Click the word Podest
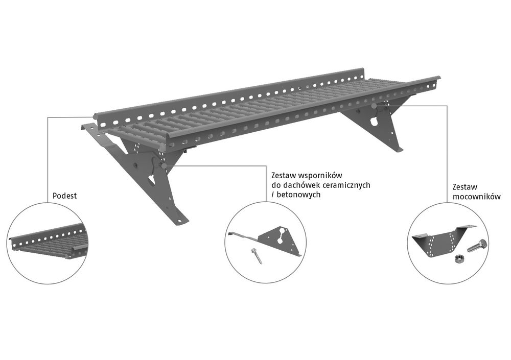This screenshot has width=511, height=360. pos(65,196)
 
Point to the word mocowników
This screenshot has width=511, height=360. pos(476,197)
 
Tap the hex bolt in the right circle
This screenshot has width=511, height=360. pos(477,245)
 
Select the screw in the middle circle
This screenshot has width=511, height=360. pos(257,256)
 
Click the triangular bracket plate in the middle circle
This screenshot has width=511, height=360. pos(280,241)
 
